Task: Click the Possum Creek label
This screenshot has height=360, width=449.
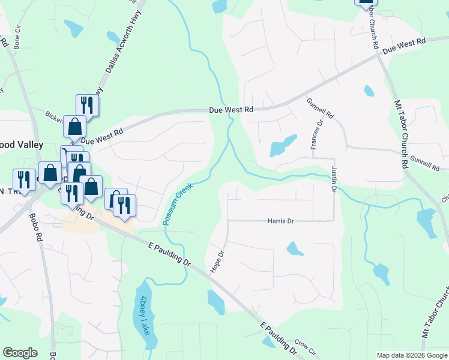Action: click(x=178, y=205)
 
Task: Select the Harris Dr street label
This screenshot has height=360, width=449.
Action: click(x=280, y=221)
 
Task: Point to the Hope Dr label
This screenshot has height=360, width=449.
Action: click(x=217, y=262)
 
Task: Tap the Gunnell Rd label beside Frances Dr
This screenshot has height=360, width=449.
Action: click(x=320, y=109)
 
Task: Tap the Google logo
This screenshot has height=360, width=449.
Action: click(x=20, y=353)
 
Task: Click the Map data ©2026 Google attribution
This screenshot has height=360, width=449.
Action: click(x=412, y=355)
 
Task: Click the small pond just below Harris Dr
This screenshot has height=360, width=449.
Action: click(x=294, y=248)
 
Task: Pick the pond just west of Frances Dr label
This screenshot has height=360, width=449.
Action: click(x=283, y=145)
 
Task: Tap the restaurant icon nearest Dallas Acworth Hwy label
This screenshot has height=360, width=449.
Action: click(x=87, y=106)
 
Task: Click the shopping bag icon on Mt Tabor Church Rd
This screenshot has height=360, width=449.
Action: click(x=365, y=2)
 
